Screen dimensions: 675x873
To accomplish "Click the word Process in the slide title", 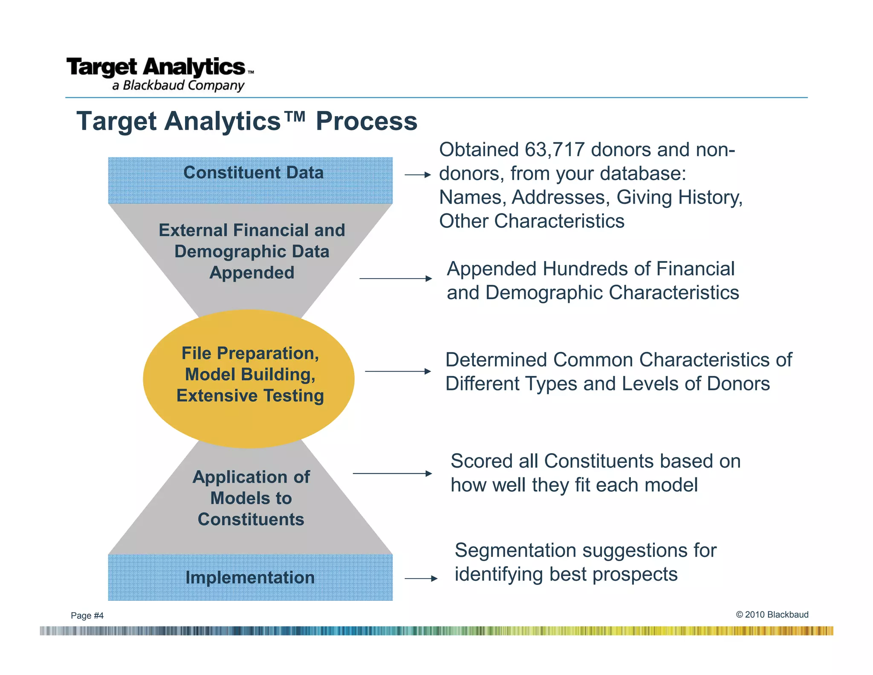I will (366, 121).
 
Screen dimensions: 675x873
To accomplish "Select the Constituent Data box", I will (250, 180).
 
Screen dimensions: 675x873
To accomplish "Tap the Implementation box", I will (250, 577).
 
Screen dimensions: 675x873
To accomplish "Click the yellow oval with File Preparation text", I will (249, 378).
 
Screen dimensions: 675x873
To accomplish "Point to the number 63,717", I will (555, 150).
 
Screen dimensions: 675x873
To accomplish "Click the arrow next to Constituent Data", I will (418, 175).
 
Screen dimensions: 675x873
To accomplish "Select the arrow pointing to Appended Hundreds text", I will (395, 279).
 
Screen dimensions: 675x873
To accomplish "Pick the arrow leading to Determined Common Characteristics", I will (398, 371).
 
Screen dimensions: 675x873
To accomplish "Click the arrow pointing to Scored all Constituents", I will (392, 473).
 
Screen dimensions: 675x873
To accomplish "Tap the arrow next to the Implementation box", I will (421, 579).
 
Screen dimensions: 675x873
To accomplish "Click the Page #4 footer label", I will (87, 615).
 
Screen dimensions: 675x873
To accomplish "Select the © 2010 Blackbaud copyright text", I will (772, 614).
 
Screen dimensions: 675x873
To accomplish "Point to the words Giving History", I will (679, 198).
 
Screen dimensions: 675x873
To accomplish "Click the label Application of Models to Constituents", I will (251, 498).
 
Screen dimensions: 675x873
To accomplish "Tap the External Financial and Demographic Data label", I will (252, 251).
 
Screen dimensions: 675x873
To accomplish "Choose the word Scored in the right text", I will (481, 461).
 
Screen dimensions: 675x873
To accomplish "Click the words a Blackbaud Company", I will (178, 85).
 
